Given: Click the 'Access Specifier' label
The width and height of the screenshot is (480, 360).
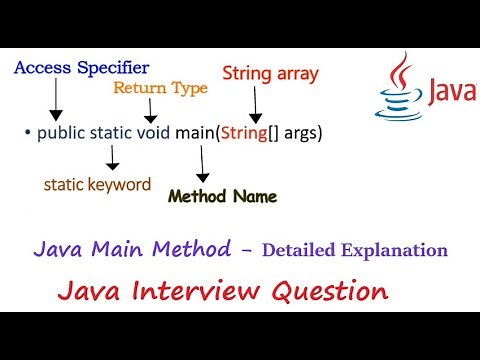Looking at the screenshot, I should (x=81, y=68).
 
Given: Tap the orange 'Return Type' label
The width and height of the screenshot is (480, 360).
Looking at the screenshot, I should (x=160, y=88).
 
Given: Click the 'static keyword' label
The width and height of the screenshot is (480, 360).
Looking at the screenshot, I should (x=98, y=184).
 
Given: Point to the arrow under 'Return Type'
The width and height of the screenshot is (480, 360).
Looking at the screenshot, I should (x=151, y=110).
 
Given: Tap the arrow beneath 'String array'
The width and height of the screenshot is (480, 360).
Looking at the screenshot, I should (x=256, y=103).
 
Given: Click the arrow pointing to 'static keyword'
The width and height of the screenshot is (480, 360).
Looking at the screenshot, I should (x=112, y=158).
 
